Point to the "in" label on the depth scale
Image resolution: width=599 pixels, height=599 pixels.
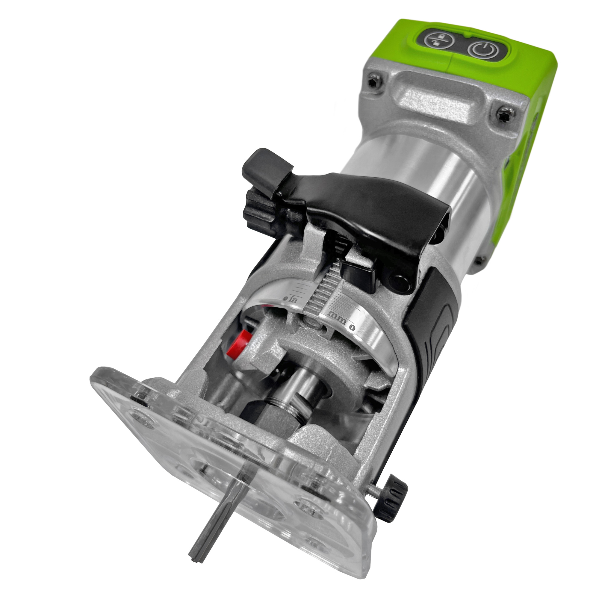293,300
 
